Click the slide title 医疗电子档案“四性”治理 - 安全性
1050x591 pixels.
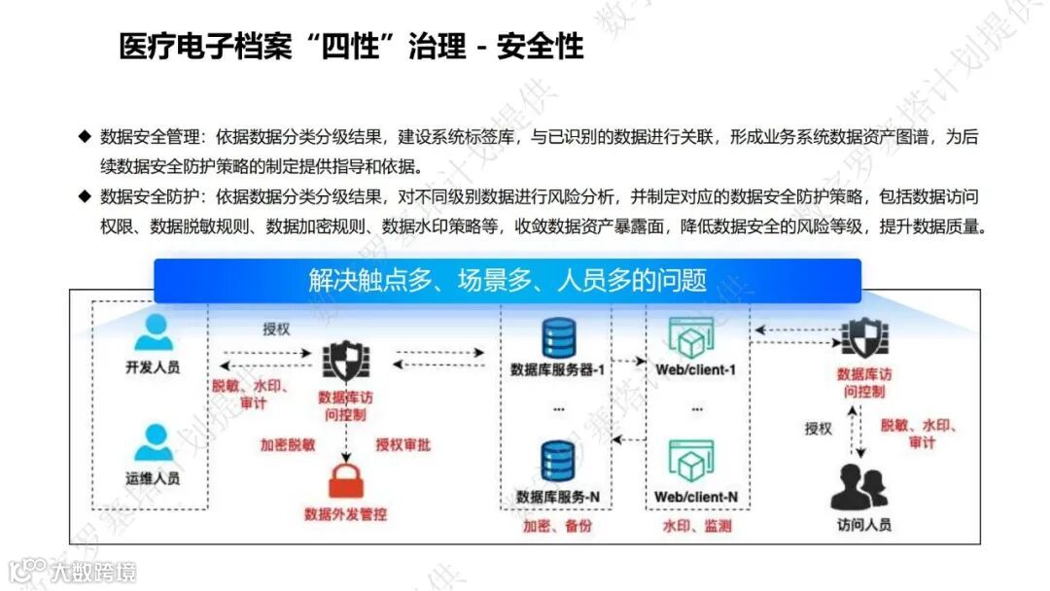(351, 45)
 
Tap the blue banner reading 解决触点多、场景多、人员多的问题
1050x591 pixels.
(507, 281)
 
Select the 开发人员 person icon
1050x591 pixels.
(153, 332)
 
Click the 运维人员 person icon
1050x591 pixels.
(153, 443)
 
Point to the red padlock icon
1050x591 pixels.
(345, 480)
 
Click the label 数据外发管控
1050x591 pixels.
(345, 513)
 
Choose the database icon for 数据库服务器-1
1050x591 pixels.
(558, 338)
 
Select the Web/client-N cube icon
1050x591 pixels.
(691, 461)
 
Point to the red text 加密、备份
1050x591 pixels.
(557, 526)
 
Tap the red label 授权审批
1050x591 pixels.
(403, 445)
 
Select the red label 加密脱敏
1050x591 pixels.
(288, 445)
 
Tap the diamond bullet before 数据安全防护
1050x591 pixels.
(85, 197)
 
